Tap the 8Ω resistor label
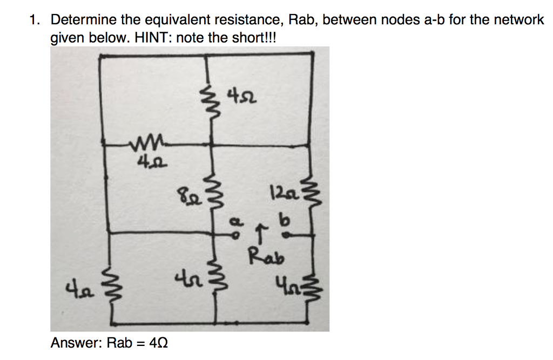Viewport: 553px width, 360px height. (185, 193)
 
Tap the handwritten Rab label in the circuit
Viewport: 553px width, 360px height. (265, 255)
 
